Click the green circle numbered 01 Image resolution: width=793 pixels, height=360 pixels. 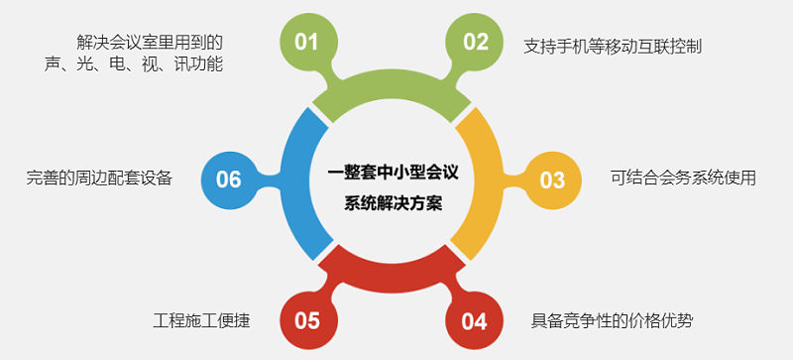coord(306,42)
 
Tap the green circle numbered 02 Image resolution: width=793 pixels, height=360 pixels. coord(476,42)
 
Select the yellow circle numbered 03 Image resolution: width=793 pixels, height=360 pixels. coord(552,180)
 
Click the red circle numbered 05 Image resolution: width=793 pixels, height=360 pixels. coord(307,320)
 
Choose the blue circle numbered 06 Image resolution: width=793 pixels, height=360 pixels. coord(229,180)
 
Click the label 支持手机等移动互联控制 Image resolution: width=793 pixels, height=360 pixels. coord(613,46)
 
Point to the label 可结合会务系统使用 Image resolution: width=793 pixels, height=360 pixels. coord(684,179)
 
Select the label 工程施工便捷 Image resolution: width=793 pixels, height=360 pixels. coord(201,320)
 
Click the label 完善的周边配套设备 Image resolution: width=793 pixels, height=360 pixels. coord(99,179)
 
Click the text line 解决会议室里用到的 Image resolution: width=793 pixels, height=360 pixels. coord(149,42)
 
